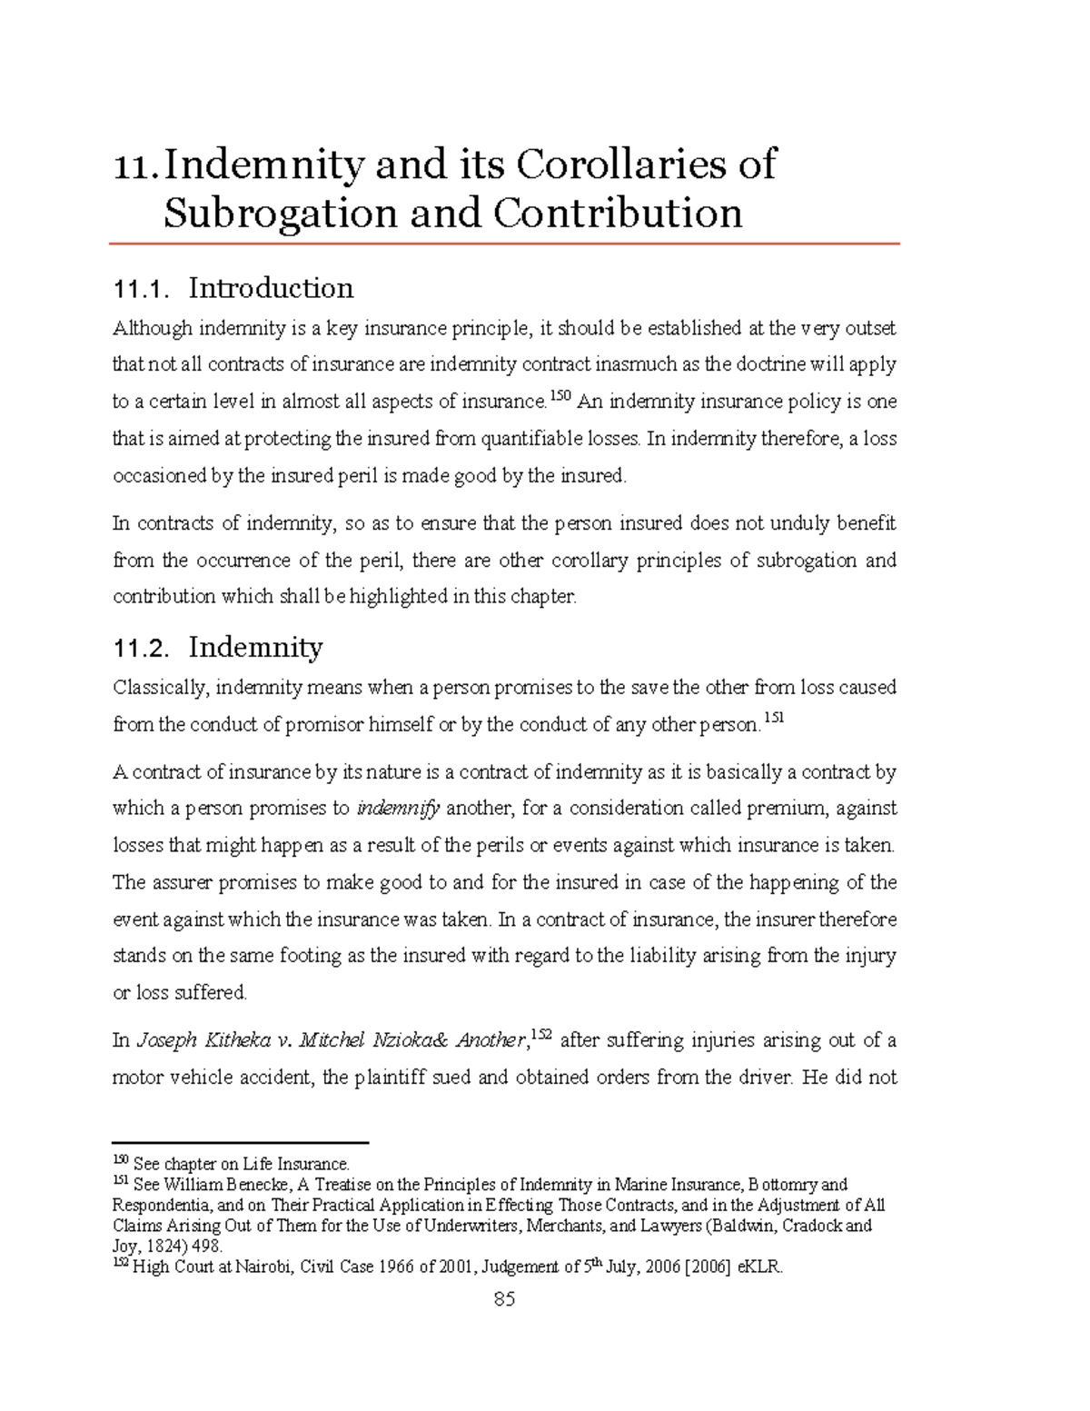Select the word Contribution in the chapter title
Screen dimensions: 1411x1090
click(618, 214)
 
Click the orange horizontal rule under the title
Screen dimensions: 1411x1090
click(504, 243)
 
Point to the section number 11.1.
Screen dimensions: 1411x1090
click(140, 290)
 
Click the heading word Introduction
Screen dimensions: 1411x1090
click(271, 288)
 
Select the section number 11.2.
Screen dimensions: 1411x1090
click(140, 649)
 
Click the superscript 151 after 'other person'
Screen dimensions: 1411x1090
click(773, 718)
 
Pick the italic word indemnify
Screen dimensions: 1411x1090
click(399, 809)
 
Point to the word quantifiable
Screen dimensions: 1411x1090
click(531, 439)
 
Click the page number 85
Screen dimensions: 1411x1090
click(504, 1299)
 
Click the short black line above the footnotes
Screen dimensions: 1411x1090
click(240, 1143)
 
